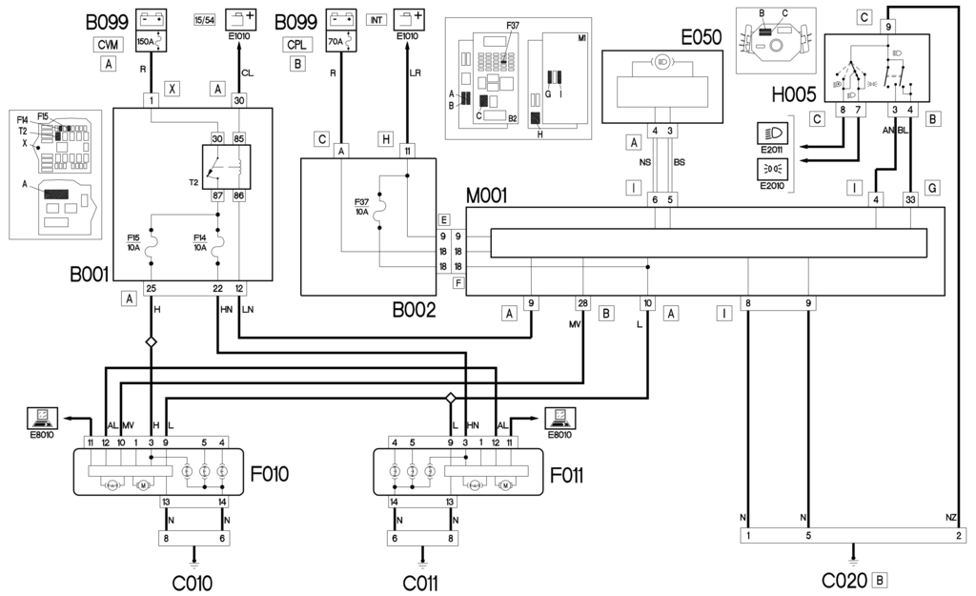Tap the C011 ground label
pos(422,581)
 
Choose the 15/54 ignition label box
pos(205,17)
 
